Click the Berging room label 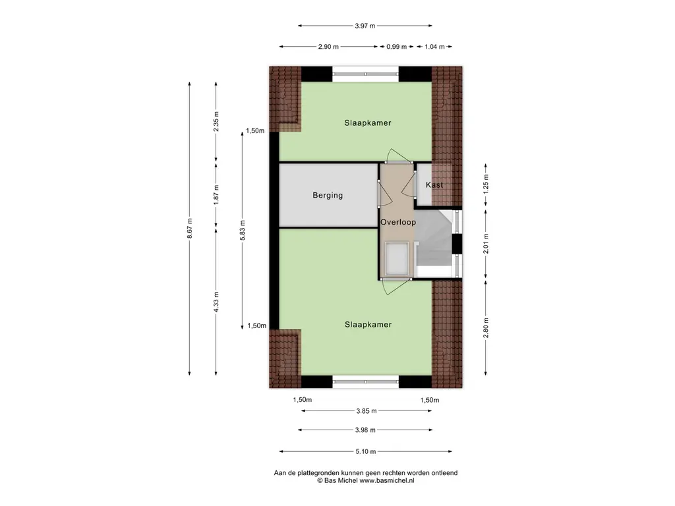[328, 195]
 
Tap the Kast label [434, 185]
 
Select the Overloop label [398, 223]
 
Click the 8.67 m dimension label [189, 228]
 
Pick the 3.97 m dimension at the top [365, 26]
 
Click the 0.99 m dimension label [396, 47]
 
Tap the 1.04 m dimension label [435, 47]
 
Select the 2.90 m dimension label [328, 47]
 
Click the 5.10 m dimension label [366, 451]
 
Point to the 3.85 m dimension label [367, 411]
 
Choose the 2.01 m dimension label [486, 243]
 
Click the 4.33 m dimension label [216, 302]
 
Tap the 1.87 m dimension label [216, 195]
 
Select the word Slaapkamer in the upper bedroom [368, 123]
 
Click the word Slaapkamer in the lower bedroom [368, 324]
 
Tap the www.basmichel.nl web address [387, 480]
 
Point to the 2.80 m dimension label [486, 328]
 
